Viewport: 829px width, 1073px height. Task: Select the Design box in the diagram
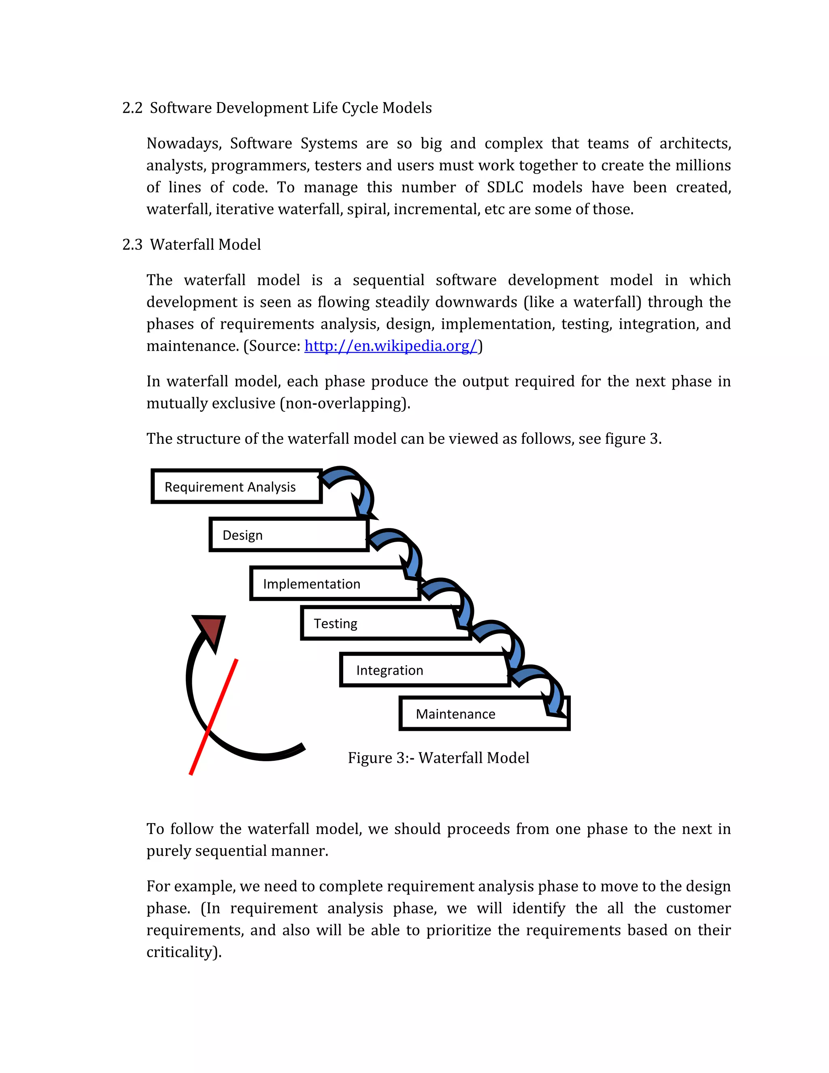pyautogui.click(x=289, y=534)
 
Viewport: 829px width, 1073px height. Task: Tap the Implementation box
pyautogui.click(x=335, y=583)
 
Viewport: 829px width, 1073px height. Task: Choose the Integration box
pyautogui.click(x=424, y=670)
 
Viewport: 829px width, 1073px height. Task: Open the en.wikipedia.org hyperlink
pyautogui.click(x=391, y=346)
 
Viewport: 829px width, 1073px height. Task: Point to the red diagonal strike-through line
pyautogui.click(x=214, y=717)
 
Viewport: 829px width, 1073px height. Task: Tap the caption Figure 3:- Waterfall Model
pyautogui.click(x=438, y=758)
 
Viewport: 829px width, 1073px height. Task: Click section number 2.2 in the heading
pyautogui.click(x=132, y=108)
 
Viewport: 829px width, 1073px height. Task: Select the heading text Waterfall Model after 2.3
pyautogui.click(x=205, y=244)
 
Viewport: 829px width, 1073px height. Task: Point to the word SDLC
pyautogui.click(x=505, y=187)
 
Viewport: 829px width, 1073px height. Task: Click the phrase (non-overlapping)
pyautogui.click(x=345, y=403)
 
